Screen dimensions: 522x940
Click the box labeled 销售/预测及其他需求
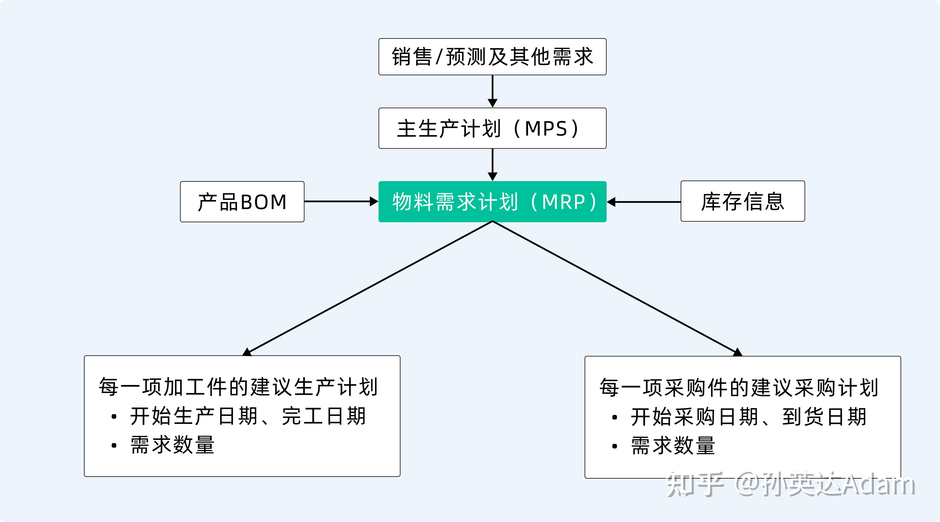coord(492,57)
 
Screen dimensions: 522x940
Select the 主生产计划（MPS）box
coord(492,128)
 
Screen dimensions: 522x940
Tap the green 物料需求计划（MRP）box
coord(492,202)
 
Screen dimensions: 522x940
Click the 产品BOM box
coord(242,202)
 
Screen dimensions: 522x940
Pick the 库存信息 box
coord(743,201)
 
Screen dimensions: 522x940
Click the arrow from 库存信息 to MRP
coord(644,202)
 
